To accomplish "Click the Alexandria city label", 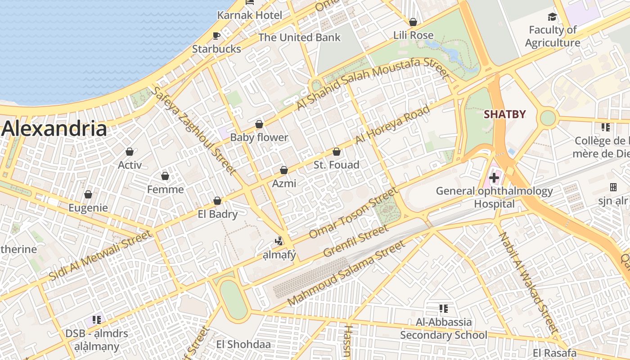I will click(x=54, y=129).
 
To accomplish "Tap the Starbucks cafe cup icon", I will click(x=216, y=36).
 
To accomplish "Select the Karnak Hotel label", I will click(x=250, y=15).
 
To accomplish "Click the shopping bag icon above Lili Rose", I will click(x=413, y=22).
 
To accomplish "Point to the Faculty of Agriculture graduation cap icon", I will click(x=552, y=17).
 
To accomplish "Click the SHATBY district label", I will click(x=504, y=114).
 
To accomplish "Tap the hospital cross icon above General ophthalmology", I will click(x=494, y=178).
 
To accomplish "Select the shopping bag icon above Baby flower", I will click(x=259, y=124).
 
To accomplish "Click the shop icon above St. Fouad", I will click(x=337, y=152).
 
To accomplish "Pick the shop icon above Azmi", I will click(x=284, y=170).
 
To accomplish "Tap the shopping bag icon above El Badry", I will click(x=217, y=201).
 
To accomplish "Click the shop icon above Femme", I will click(x=165, y=176).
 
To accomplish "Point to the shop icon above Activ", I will click(x=130, y=152).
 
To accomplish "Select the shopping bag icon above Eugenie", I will click(x=88, y=194).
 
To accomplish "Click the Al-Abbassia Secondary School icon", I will click(x=444, y=309).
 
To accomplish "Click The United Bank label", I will click(x=300, y=37).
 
